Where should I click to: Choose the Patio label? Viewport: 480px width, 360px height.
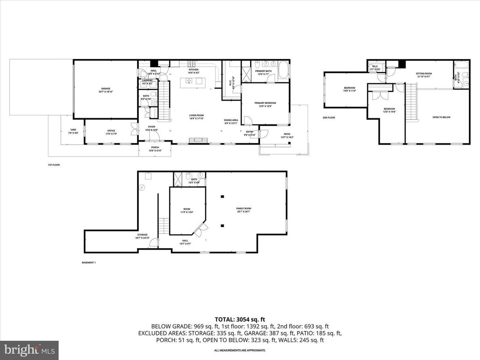pyautogui.click(x=285, y=137)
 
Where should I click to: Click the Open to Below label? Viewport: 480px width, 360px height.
pyautogui.click(x=441, y=117)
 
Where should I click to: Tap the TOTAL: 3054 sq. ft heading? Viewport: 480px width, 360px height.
pyautogui.click(x=240, y=319)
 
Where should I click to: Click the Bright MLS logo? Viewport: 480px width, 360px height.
pyautogui.click(x=29, y=350)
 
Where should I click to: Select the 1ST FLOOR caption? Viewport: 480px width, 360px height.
pyautogui.click(x=54, y=165)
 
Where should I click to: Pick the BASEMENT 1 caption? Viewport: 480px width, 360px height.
pyautogui.click(x=88, y=262)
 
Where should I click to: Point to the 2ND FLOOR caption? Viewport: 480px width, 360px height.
pyautogui.click(x=329, y=118)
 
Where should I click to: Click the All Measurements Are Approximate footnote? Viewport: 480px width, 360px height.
pyautogui.click(x=240, y=350)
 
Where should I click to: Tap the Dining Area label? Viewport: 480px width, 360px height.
pyautogui.click(x=234, y=121)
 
